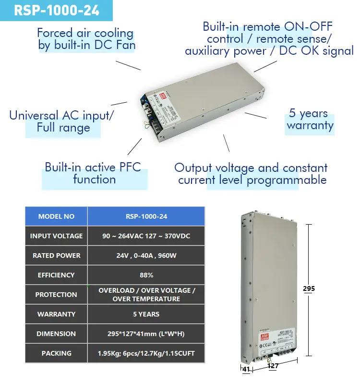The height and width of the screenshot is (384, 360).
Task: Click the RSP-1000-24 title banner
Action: pyautogui.click(x=56, y=11)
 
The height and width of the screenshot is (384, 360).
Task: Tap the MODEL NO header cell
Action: pyautogui.click(x=56, y=216)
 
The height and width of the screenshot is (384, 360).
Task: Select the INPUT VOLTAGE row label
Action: pyautogui.click(x=56, y=236)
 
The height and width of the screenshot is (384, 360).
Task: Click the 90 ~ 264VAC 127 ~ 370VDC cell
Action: pyautogui.click(x=146, y=236)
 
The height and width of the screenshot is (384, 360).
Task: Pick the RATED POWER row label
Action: pyautogui.click(x=56, y=256)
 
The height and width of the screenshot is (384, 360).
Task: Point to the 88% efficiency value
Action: pyautogui.click(x=146, y=275)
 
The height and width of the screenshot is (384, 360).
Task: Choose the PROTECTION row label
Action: pyautogui.click(x=56, y=295)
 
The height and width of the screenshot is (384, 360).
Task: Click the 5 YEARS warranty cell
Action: pyautogui.click(x=146, y=314)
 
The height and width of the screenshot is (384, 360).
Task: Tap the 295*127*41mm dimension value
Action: pyautogui.click(x=146, y=334)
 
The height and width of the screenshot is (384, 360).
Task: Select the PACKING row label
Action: pyautogui.click(x=56, y=353)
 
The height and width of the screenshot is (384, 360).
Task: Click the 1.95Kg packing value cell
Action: pyautogui.click(x=146, y=353)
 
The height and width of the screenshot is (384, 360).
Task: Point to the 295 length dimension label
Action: pyautogui.click(x=309, y=288)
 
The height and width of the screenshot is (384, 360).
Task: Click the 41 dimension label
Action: pyautogui.click(x=245, y=370)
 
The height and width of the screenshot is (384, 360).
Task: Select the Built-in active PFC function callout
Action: pyautogui.click(x=93, y=173)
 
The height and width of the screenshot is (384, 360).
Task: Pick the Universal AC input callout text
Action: pyautogui.click(x=62, y=121)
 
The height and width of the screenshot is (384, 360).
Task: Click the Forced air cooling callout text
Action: pyautogui.click(x=85, y=39)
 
